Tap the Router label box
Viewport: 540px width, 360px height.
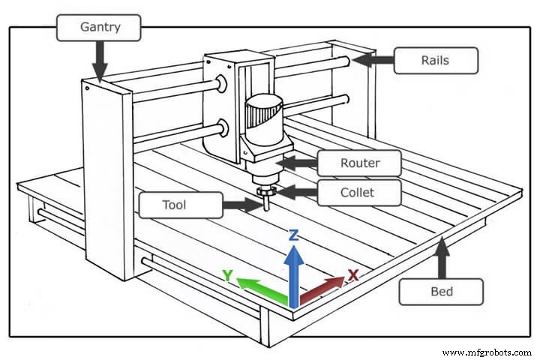(359, 162)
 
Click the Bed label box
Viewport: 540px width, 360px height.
(440, 290)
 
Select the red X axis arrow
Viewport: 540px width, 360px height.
(321, 289)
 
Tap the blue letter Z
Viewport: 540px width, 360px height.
(294, 235)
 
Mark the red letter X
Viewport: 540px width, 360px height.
(352, 275)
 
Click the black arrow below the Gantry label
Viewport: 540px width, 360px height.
(100, 61)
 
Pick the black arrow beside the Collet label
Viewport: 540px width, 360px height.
(295, 193)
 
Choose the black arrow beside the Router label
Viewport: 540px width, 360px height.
(295, 162)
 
